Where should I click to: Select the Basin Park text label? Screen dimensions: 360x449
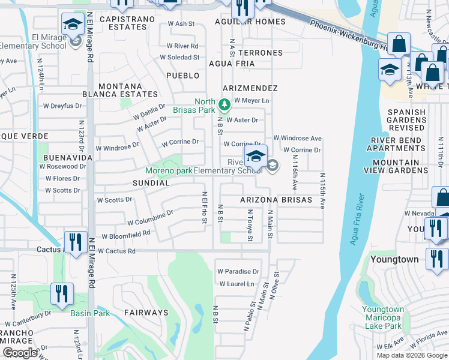pyautogui.click(x=90, y=313)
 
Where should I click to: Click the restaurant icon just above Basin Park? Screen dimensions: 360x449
pyautogui.click(x=62, y=293)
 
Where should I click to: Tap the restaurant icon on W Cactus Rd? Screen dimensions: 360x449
pyautogui.click(x=76, y=242)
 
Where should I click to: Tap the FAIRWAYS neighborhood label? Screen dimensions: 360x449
pyautogui.click(x=146, y=313)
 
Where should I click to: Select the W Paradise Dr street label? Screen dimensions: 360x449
pyautogui.click(x=238, y=271)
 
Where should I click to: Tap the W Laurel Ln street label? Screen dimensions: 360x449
pyautogui.click(x=237, y=284)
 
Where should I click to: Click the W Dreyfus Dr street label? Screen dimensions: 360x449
pyautogui.click(x=62, y=106)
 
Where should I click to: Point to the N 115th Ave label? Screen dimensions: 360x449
pyautogui.click(x=322, y=191)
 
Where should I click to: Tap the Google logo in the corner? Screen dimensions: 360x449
pyautogui.click(x=20, y=353)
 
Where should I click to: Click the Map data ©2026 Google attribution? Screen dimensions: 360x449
pyautogui.click(x=411, y=355)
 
